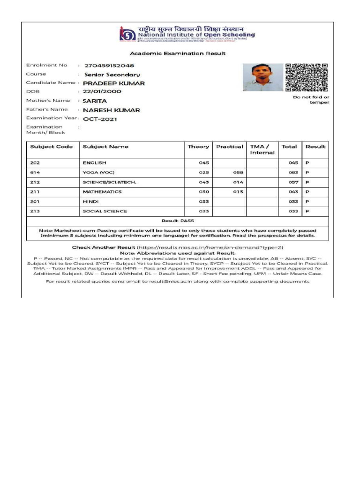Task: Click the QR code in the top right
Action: coord(306,77)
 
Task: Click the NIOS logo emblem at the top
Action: coord(126,35)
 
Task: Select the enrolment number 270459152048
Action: coord(109,66)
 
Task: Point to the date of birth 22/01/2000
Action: coord(102,92)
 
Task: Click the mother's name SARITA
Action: coord(95,101)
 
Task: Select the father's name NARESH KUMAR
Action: coord(111,110)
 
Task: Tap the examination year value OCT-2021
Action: coord(100,119)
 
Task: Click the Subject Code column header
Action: coord(51,147)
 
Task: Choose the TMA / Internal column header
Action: coord(262,150)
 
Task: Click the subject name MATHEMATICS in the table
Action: coord(102,192)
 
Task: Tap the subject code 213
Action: coord(34,211)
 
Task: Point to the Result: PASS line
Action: coord(178,220)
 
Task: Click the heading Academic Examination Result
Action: coord(178,53)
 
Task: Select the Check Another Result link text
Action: coord(103,247)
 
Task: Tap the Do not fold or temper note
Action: coord(311,100)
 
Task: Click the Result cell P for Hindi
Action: coord(307,202)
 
